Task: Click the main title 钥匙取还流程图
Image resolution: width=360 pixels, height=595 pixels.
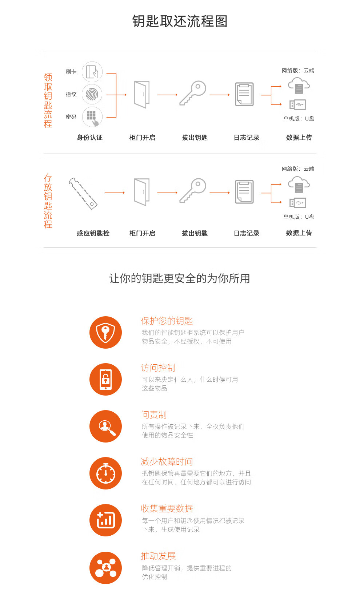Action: click(180, 21)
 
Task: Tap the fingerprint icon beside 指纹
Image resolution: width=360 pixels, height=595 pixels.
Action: click(92, 94)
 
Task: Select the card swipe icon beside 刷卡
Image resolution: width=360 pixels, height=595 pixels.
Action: click(92, 72)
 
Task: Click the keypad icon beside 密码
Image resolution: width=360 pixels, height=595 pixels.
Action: click(92, 117)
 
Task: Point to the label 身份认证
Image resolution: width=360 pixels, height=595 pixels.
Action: click(89, 138)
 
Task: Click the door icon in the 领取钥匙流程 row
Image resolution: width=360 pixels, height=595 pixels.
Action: click(142, 94)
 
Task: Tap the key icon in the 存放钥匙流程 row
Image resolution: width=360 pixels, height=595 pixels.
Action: click(193, 190)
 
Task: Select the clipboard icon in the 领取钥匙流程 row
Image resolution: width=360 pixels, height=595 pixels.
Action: click(244, 94)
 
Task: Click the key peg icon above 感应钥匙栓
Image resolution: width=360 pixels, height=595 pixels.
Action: click(83, 193)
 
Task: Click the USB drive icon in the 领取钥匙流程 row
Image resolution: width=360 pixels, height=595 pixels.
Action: click(297, 105)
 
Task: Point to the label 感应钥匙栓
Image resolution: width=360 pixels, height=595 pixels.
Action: click(93, 233)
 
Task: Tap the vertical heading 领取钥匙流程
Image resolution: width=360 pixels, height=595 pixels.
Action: click(48, 100)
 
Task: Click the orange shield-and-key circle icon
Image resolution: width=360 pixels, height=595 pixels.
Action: click(106, 332)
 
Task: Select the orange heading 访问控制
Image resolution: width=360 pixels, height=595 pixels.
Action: click(158, 368)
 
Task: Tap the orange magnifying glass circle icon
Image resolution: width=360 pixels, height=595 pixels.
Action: click(106, 427)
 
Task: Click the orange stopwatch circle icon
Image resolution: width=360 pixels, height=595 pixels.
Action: click(106, 473)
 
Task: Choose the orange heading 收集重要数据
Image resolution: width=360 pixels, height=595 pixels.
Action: click(167, 509)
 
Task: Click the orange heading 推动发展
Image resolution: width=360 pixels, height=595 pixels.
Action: click(158, 556)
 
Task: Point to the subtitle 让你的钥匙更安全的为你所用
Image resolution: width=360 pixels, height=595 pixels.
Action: click(180, 278)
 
